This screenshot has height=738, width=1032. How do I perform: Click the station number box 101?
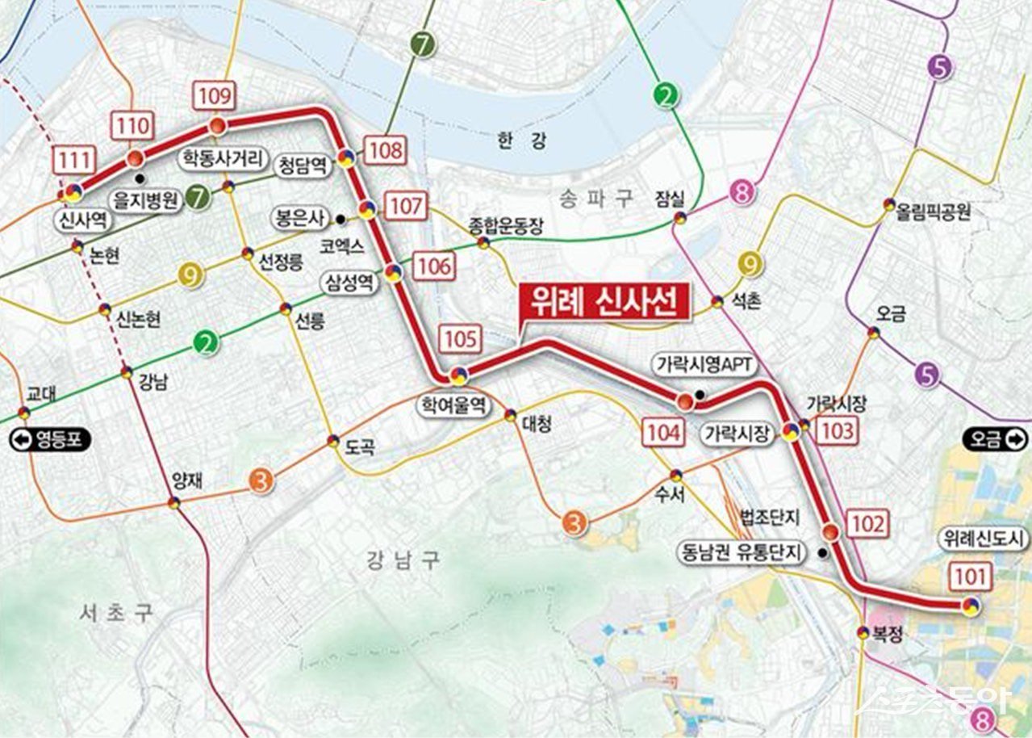click(x=970, y=577)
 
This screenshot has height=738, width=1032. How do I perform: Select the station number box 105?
click(x=461, y=338)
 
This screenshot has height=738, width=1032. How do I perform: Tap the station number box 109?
click(x=214, y=95)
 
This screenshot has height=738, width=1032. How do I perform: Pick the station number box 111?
click(x=73, y=159)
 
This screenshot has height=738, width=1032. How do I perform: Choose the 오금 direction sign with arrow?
click(x=995, y=439)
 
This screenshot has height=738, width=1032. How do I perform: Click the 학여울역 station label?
click(x=453, y=405)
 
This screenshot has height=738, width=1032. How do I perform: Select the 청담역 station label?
click(x=302, y=166)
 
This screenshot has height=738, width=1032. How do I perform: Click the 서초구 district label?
click(x=116, y=613)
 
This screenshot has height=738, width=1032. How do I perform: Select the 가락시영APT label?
click(x=704, y=365)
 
